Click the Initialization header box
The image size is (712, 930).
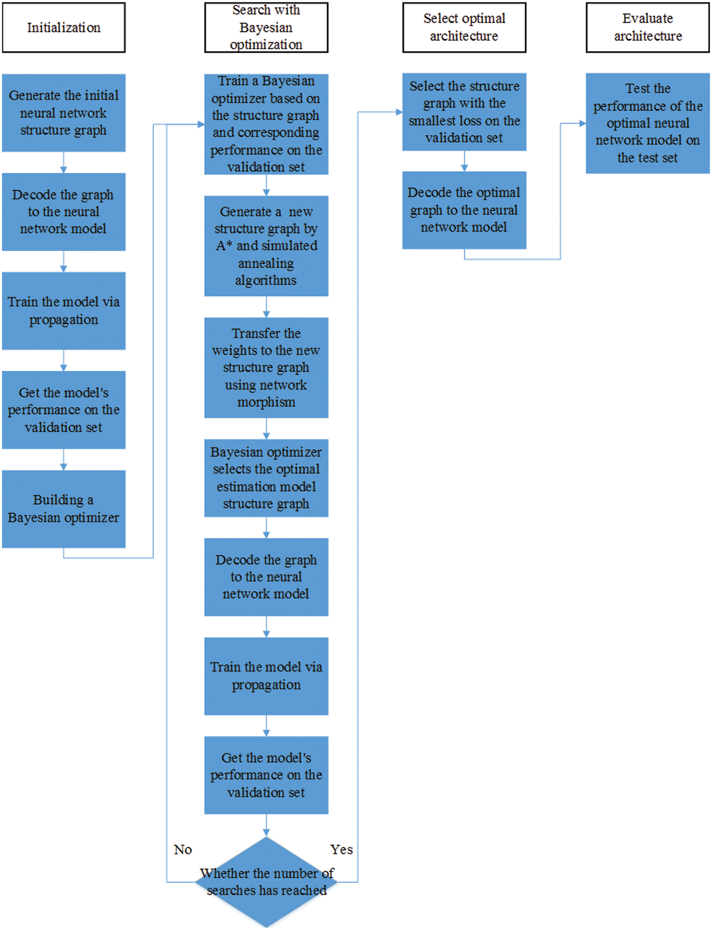[63, 28]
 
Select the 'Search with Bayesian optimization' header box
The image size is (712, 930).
[266, 28]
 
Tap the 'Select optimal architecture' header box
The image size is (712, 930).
[464, 28]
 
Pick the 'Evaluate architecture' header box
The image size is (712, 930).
[648, 28]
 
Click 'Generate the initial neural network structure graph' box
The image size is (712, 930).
[63, 113]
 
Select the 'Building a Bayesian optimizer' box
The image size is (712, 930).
[63, 509]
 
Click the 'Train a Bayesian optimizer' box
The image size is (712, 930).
[266, 124]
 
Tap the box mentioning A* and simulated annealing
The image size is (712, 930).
[266, 246]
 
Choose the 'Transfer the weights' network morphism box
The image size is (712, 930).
[266, 368]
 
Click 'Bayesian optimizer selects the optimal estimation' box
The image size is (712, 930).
[266, 478]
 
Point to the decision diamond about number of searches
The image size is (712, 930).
[266, 882]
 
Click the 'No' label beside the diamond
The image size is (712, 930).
[183, 850]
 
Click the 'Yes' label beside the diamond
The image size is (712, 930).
[342, 850]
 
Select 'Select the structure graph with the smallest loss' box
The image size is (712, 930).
[464, 112]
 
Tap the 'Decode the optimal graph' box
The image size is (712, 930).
[464, 210]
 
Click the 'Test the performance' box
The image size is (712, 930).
[648, 123]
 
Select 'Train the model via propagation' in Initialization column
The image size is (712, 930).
[63, 311]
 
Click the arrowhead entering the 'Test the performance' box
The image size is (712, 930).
[583, 123]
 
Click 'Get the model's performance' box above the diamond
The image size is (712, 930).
[266, 775]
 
